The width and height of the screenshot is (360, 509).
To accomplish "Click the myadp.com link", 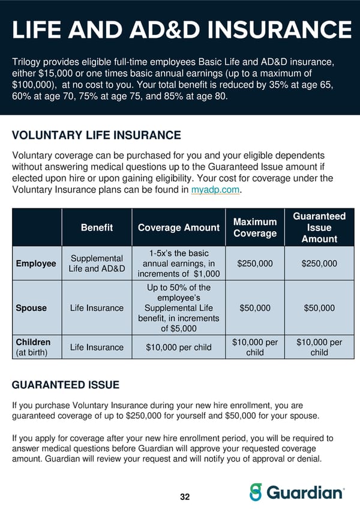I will point(215,190).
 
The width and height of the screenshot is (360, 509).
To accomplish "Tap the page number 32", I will point(185,497).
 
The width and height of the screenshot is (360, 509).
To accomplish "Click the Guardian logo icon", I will point(256,492).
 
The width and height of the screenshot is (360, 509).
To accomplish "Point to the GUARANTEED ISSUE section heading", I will point(66,385).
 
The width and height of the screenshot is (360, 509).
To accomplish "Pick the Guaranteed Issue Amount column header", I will point(319,227).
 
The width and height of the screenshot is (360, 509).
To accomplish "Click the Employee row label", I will point(35,264).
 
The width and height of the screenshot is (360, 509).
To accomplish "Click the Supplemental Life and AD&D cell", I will point(97,264).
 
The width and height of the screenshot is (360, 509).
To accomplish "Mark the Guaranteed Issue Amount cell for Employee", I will point(319,264).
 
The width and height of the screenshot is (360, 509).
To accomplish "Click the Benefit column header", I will point(97,227).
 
